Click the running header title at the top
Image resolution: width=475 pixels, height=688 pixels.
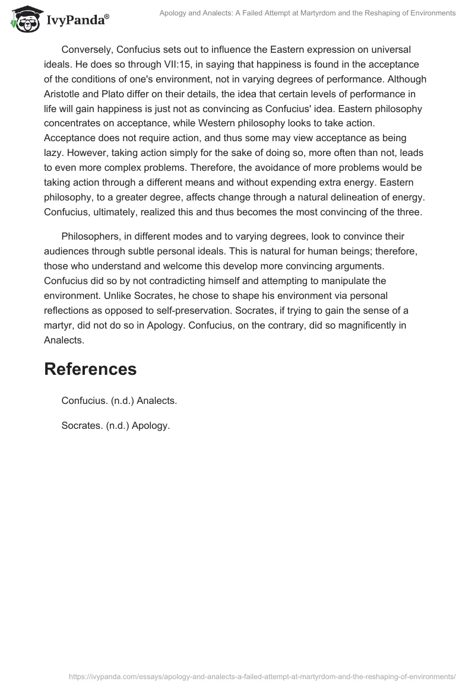point(308,13)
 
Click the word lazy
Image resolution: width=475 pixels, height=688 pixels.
point(54,152)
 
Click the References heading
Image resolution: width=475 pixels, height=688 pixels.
point(90,369)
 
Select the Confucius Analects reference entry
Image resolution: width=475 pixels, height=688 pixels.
point(119,400)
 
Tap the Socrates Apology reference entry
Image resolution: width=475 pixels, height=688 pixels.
point(115,425)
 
